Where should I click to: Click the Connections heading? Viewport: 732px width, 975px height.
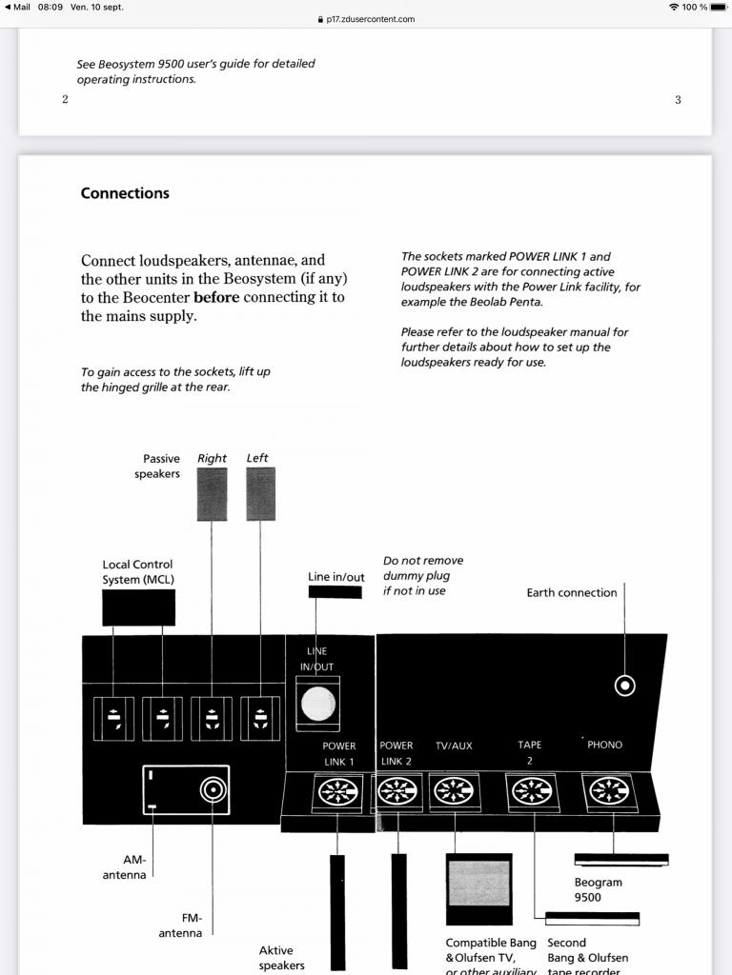tap(125, 193)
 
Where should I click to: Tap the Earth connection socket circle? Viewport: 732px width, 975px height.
tap(625, 686)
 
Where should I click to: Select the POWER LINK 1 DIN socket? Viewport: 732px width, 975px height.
tap(338, 793)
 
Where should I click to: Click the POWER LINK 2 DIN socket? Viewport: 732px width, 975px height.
tap(400, 793)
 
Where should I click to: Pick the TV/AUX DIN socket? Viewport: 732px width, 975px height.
tap(454, 793)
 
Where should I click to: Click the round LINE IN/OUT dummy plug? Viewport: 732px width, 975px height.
tap(318, 704)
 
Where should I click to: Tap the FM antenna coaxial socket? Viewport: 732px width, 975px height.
tap(213, 788)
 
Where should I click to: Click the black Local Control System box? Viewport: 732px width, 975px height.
tap(138, 607)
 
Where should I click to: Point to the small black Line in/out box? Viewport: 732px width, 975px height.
tap(335, 592)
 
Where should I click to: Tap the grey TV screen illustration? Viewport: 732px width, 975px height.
tap(478, 883)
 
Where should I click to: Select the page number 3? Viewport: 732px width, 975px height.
tap(678, 100)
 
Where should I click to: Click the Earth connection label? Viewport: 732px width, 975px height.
tap(572, 592)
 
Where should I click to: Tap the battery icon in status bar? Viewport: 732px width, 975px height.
tap(718, 7)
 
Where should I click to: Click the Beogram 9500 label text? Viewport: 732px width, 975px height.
tap(599, 889)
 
